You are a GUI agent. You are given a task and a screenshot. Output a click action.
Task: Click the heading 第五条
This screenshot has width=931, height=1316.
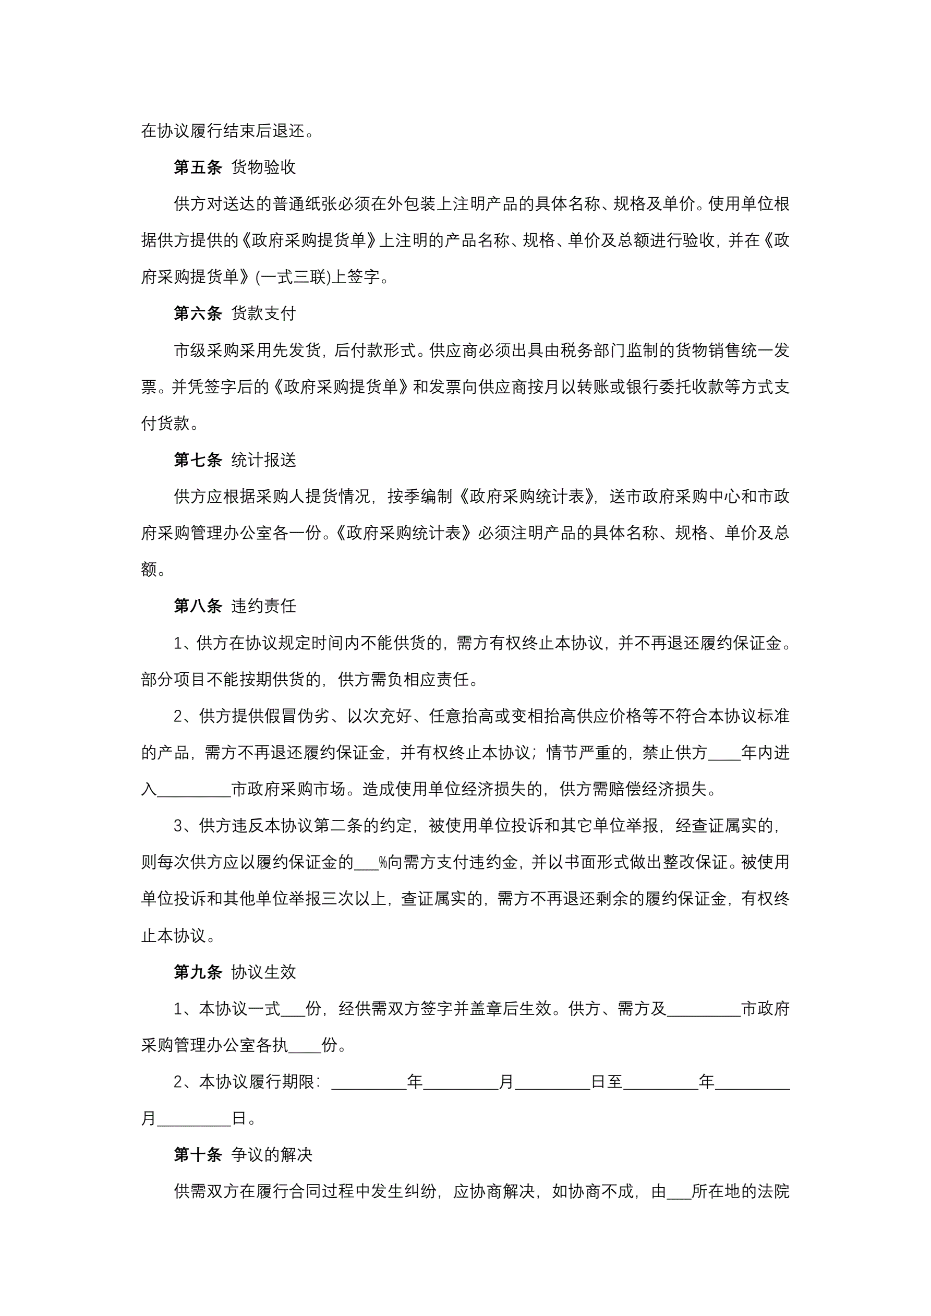198,167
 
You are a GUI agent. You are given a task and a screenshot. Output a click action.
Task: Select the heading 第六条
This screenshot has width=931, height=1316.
198,313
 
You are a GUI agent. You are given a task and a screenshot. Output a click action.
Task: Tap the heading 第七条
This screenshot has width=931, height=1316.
198,460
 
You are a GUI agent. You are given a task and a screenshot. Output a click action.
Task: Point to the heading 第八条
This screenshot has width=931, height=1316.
198,606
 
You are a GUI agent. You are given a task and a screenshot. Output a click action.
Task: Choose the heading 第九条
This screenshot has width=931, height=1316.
198,972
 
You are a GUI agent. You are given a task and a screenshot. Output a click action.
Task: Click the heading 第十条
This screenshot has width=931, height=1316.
198,1154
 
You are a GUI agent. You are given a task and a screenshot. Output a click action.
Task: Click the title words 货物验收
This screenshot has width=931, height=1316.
264,167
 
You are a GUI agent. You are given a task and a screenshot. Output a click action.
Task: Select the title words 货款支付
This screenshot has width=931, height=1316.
264,313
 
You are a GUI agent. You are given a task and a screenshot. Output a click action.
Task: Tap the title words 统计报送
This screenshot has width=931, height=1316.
264,460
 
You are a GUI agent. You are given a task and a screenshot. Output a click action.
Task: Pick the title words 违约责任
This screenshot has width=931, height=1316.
264,606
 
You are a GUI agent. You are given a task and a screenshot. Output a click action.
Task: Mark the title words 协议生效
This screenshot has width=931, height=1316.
264,972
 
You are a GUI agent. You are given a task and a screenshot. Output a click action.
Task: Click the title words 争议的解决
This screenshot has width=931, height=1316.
272,1154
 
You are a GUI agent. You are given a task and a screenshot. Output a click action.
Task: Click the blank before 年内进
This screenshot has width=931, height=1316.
724,753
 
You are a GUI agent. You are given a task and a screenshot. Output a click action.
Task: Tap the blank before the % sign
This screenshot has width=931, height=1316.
366,863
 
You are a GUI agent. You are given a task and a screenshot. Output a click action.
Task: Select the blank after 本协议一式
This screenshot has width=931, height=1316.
293,1009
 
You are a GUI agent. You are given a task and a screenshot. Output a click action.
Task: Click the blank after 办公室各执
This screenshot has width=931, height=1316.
305,1045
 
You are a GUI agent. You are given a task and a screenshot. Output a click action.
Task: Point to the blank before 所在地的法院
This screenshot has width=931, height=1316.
679,1192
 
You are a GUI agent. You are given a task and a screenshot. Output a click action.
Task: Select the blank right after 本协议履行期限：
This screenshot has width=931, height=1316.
369,1082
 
